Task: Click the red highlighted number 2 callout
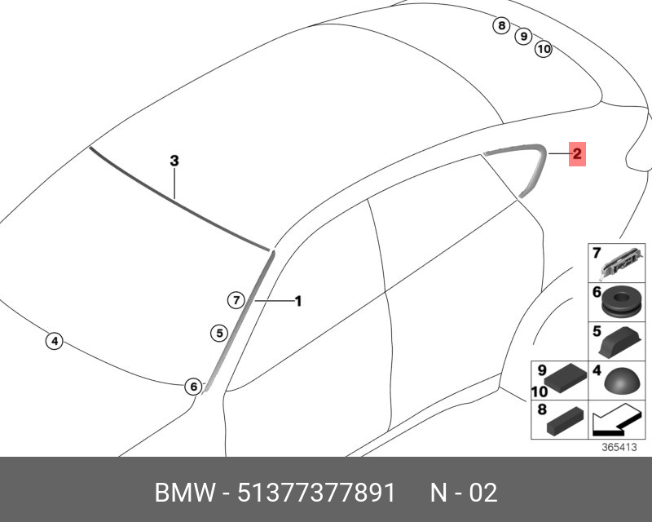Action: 577,154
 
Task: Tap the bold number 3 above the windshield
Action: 174,160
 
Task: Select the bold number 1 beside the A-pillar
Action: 298,301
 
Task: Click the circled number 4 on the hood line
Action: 54,342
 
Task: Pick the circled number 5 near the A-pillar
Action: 219,333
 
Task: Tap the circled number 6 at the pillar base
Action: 193,387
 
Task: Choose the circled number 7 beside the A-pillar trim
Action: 236,299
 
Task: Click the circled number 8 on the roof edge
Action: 501,26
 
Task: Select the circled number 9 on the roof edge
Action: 523,36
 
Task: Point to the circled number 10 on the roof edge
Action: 544,49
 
